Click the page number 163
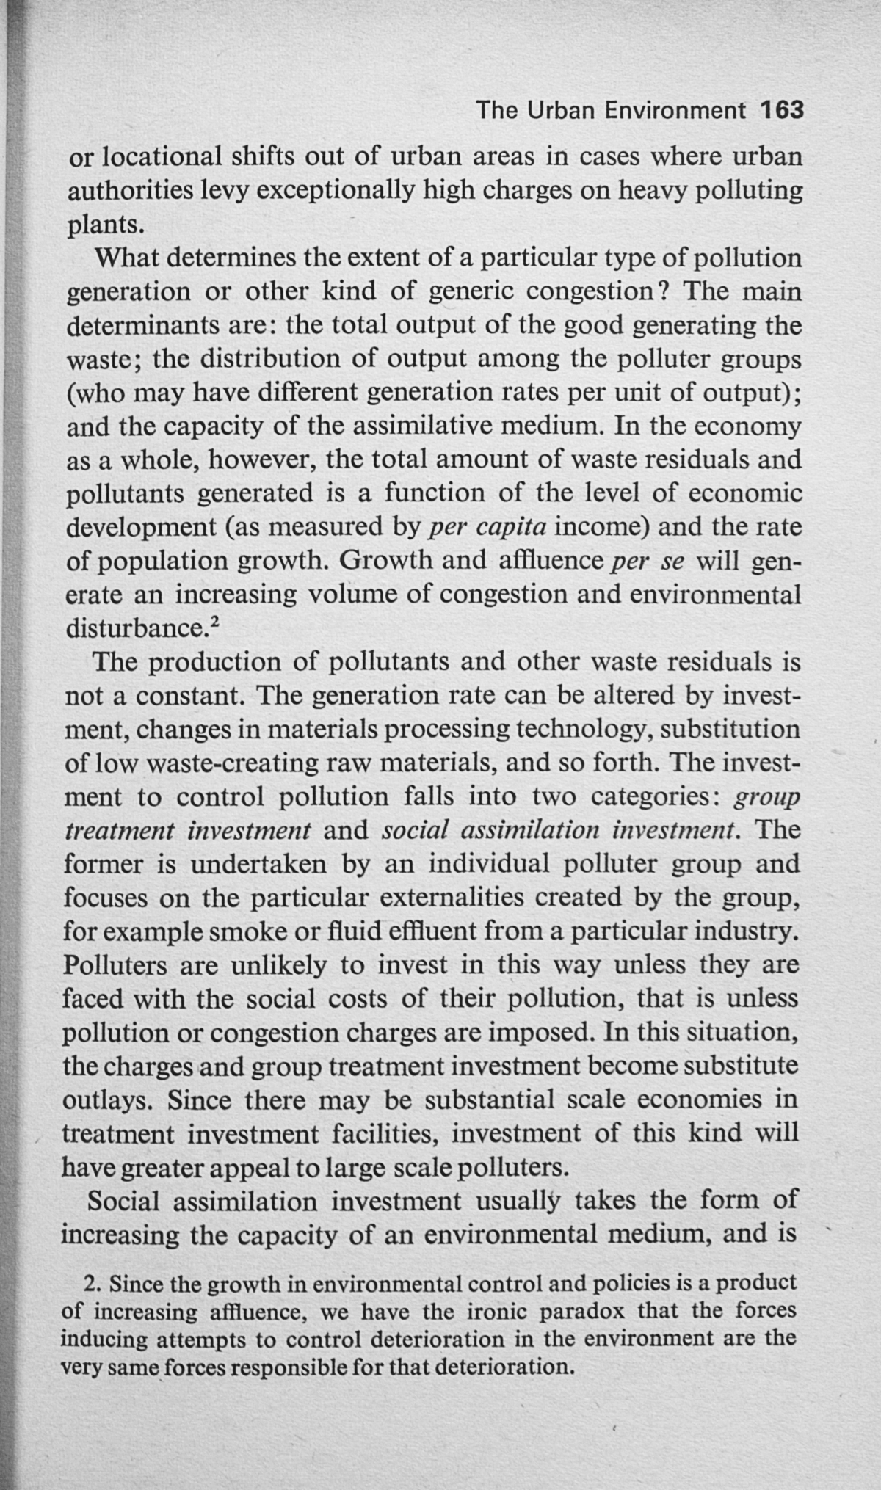click(783, 111)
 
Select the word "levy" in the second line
click(226, 191)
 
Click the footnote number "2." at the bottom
click(94, 1284)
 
